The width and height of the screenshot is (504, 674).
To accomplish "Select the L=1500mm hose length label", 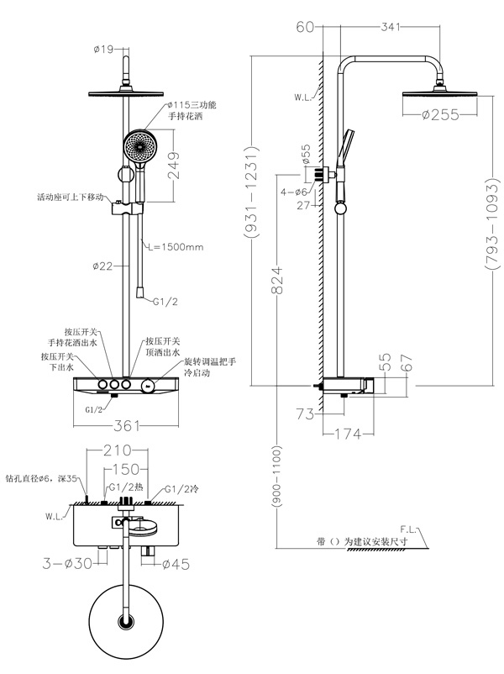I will (x=174, y=246).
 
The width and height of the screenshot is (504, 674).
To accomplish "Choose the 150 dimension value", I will (x=127, y=469).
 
